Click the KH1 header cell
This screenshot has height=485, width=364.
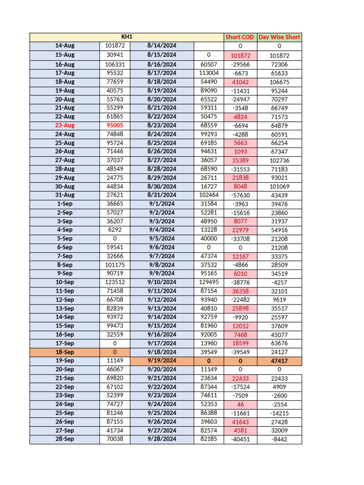click(126, 37)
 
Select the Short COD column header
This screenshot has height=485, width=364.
click(240, 37)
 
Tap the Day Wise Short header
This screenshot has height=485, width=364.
click(279, 37)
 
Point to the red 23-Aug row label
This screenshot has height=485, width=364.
click(64, 125)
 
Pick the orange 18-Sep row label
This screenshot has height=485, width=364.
click(64, 352)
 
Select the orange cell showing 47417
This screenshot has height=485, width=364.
click(279, 361)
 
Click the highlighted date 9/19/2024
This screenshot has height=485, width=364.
click(162, 361)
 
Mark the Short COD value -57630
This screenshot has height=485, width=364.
click(240, 195)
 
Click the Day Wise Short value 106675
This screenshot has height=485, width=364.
click(279, 81)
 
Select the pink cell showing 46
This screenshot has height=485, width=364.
click(240, 404)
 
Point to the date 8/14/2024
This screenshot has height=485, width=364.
click(162, 46)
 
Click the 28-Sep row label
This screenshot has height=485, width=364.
click(64, 440)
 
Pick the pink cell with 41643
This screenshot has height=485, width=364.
click(240, 422)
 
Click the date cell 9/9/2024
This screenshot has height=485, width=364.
click(162, 274)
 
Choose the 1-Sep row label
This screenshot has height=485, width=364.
click(64, 204)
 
